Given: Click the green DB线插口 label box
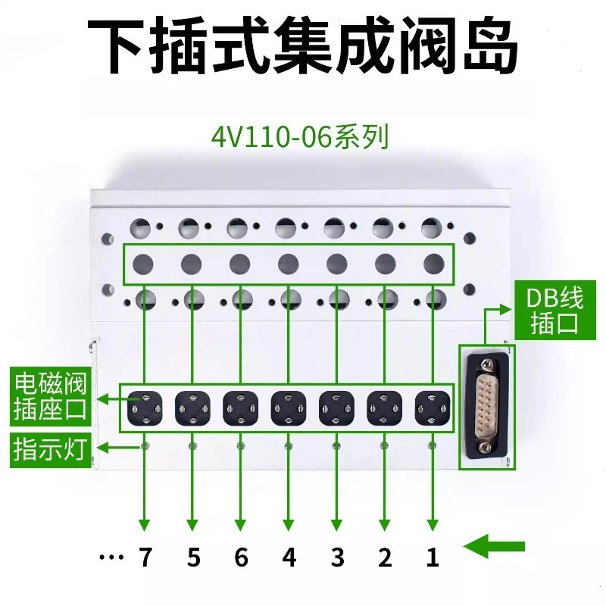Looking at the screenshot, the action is point(554,311).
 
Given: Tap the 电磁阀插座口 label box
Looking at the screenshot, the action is point(50,395).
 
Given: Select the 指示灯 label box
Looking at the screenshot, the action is point(50,450).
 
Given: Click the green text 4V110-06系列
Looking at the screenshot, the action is point(299,137).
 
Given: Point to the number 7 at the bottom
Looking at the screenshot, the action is point(145,557).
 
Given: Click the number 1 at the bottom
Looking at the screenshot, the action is point(433,557).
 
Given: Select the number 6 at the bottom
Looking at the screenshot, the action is point(241,557).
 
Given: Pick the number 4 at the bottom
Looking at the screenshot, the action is point(289,557).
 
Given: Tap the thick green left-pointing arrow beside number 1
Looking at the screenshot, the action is point(494,546).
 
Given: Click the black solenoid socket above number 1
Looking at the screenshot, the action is point(433,408).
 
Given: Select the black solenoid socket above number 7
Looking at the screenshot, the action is point(145,408).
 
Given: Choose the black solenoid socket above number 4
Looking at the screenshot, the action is point(289,408).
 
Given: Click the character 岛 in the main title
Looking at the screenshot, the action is point(491,46).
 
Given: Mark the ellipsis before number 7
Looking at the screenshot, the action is point(111,558).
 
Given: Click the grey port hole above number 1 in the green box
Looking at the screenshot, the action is point(434,264).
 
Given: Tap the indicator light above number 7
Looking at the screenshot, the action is point(145,446).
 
